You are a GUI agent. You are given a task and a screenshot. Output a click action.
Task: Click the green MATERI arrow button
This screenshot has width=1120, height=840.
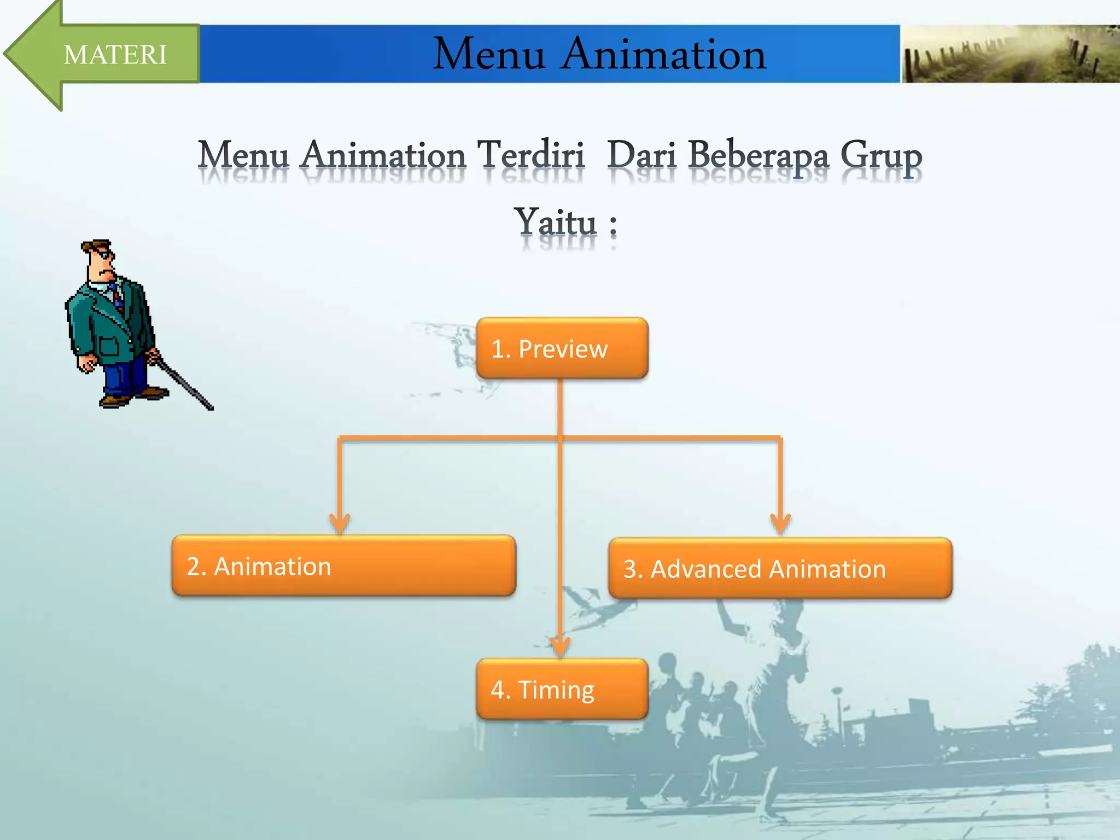(x=109, y=55)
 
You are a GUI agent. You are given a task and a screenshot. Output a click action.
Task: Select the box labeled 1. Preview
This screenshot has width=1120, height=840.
(x=562, y=348)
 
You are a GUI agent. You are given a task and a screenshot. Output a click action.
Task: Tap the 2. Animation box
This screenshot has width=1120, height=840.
(x=343, y=566)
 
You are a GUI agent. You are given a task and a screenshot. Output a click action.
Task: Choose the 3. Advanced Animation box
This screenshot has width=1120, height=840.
(x=780, y=569)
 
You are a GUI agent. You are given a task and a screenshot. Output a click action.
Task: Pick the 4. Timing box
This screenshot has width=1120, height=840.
(x=562, y=689)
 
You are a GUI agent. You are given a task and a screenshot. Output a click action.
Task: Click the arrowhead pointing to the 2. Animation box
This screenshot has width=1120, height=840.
(x=340, y=523)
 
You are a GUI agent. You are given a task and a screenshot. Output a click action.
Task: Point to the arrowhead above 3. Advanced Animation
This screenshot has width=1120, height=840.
(x=780, y=523)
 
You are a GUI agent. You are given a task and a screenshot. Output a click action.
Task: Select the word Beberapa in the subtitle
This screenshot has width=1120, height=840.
(x=758, y=156)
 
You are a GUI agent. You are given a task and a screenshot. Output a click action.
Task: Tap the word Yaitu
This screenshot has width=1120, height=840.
(x=556, y=223)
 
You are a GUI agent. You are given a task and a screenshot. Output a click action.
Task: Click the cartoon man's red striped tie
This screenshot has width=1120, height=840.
(x=118, y=298)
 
